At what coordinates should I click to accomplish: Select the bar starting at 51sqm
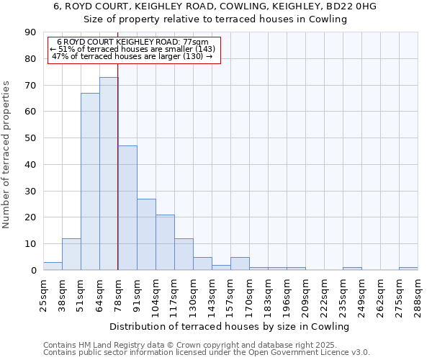coord(90,181)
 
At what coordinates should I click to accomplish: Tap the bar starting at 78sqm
coord(127,208)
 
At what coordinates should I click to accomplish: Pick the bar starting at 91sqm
coord(146,234)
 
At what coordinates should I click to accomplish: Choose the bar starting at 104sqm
coord(165,242)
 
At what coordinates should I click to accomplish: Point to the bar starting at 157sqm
coord(240,264)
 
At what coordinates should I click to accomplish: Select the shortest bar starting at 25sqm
coord(53,266)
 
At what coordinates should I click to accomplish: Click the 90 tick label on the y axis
coord(30,32)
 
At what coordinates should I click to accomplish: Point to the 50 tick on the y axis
coord(30,138)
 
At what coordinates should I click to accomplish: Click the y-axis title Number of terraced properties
coord(6,155)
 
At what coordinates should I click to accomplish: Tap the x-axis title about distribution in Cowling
coord(230,326)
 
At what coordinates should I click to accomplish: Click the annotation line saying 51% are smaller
coord(132,49)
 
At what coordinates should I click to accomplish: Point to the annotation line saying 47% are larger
coord(132,56)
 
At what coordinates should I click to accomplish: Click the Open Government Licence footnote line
coord(207,352)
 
